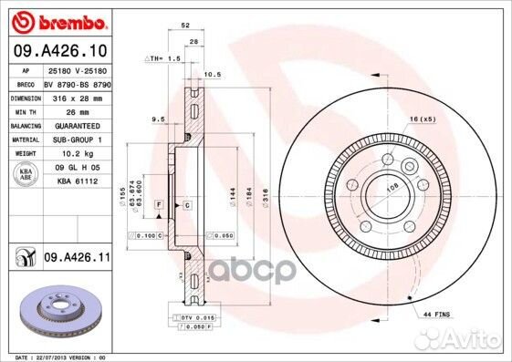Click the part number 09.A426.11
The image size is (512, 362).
coord(77,259)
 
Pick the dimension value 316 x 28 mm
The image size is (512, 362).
coord(77,96)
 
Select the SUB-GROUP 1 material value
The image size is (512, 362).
coord(77,140)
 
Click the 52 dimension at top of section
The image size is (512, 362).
coord(186,26)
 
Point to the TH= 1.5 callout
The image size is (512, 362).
coord(162,57)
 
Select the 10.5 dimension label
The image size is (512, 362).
coord(213,74)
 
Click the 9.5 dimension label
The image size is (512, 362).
coord(156,119)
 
